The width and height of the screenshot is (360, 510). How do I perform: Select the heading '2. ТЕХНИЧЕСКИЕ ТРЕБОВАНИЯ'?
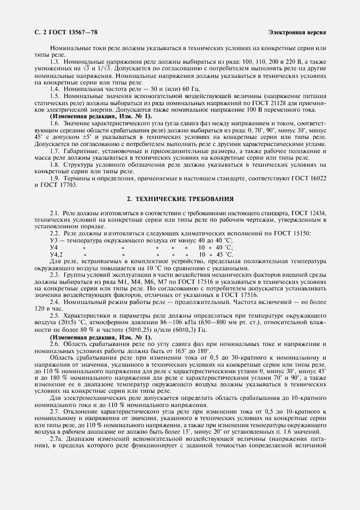[180, 199]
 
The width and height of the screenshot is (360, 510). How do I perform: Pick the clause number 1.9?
[55, 178]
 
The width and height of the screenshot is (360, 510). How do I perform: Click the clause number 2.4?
[55, 286]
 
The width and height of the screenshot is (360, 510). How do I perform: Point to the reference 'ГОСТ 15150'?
[291, 233]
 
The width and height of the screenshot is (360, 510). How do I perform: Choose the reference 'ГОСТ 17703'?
[59, 185]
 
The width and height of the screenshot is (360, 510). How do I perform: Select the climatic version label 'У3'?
[53, 240]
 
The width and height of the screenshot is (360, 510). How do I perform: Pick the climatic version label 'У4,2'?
[56, 254]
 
